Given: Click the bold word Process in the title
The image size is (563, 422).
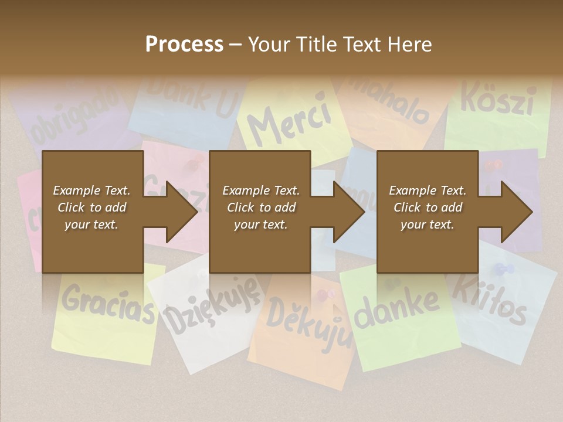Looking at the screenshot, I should coord(184,44).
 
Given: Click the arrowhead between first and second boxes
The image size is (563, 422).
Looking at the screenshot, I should coord(181,212).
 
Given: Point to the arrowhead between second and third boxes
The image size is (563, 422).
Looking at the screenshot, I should coord(348,212).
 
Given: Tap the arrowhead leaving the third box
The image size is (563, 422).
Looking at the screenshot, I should coord(516,212).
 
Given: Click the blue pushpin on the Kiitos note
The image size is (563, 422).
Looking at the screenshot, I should coord(504,270).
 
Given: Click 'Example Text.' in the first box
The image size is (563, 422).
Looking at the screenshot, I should coord(91,190).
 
